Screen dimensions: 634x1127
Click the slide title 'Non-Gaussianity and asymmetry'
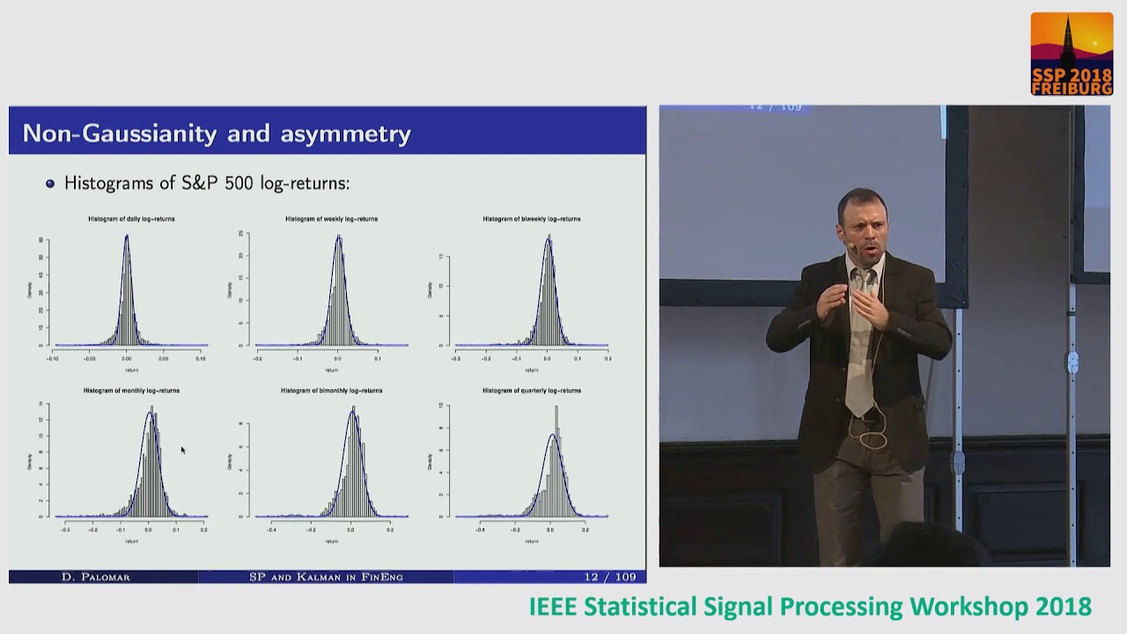pyautogui.click(x=217, y=133)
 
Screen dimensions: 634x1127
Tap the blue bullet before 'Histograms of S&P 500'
pyautogui.click(x=50, y=184)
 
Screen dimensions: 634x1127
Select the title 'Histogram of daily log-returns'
pyautogui.click(x=131, y=218)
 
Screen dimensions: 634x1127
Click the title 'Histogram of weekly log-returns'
pyautogui.click(x=331, y=218)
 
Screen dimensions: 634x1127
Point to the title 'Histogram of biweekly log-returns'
pyautogui.click(x=531, y=218)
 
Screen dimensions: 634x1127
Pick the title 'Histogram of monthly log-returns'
pyautogui.click(x=131, y=390)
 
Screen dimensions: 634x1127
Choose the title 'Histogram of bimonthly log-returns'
pyautogui.click(x=331, y=390)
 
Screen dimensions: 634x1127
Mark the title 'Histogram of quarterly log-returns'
pyautogui.click(x=531, y=390)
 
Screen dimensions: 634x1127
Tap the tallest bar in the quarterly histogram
pyautogui.click(x=556, y=408)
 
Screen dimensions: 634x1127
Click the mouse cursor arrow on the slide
pyautogui.click(x=183, y=450)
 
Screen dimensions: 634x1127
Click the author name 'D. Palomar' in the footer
pyautogui.click(x=95, y=577)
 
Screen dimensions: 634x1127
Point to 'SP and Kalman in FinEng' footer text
pyautogui.click(x=326, y=577)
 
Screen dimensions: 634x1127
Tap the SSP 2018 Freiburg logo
pyautogui.click(x=1072, y=54)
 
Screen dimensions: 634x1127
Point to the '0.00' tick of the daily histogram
pyautogui.click(x=127, y=358)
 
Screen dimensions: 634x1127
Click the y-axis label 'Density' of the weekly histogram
pyautogui.click(x=230, y=289)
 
